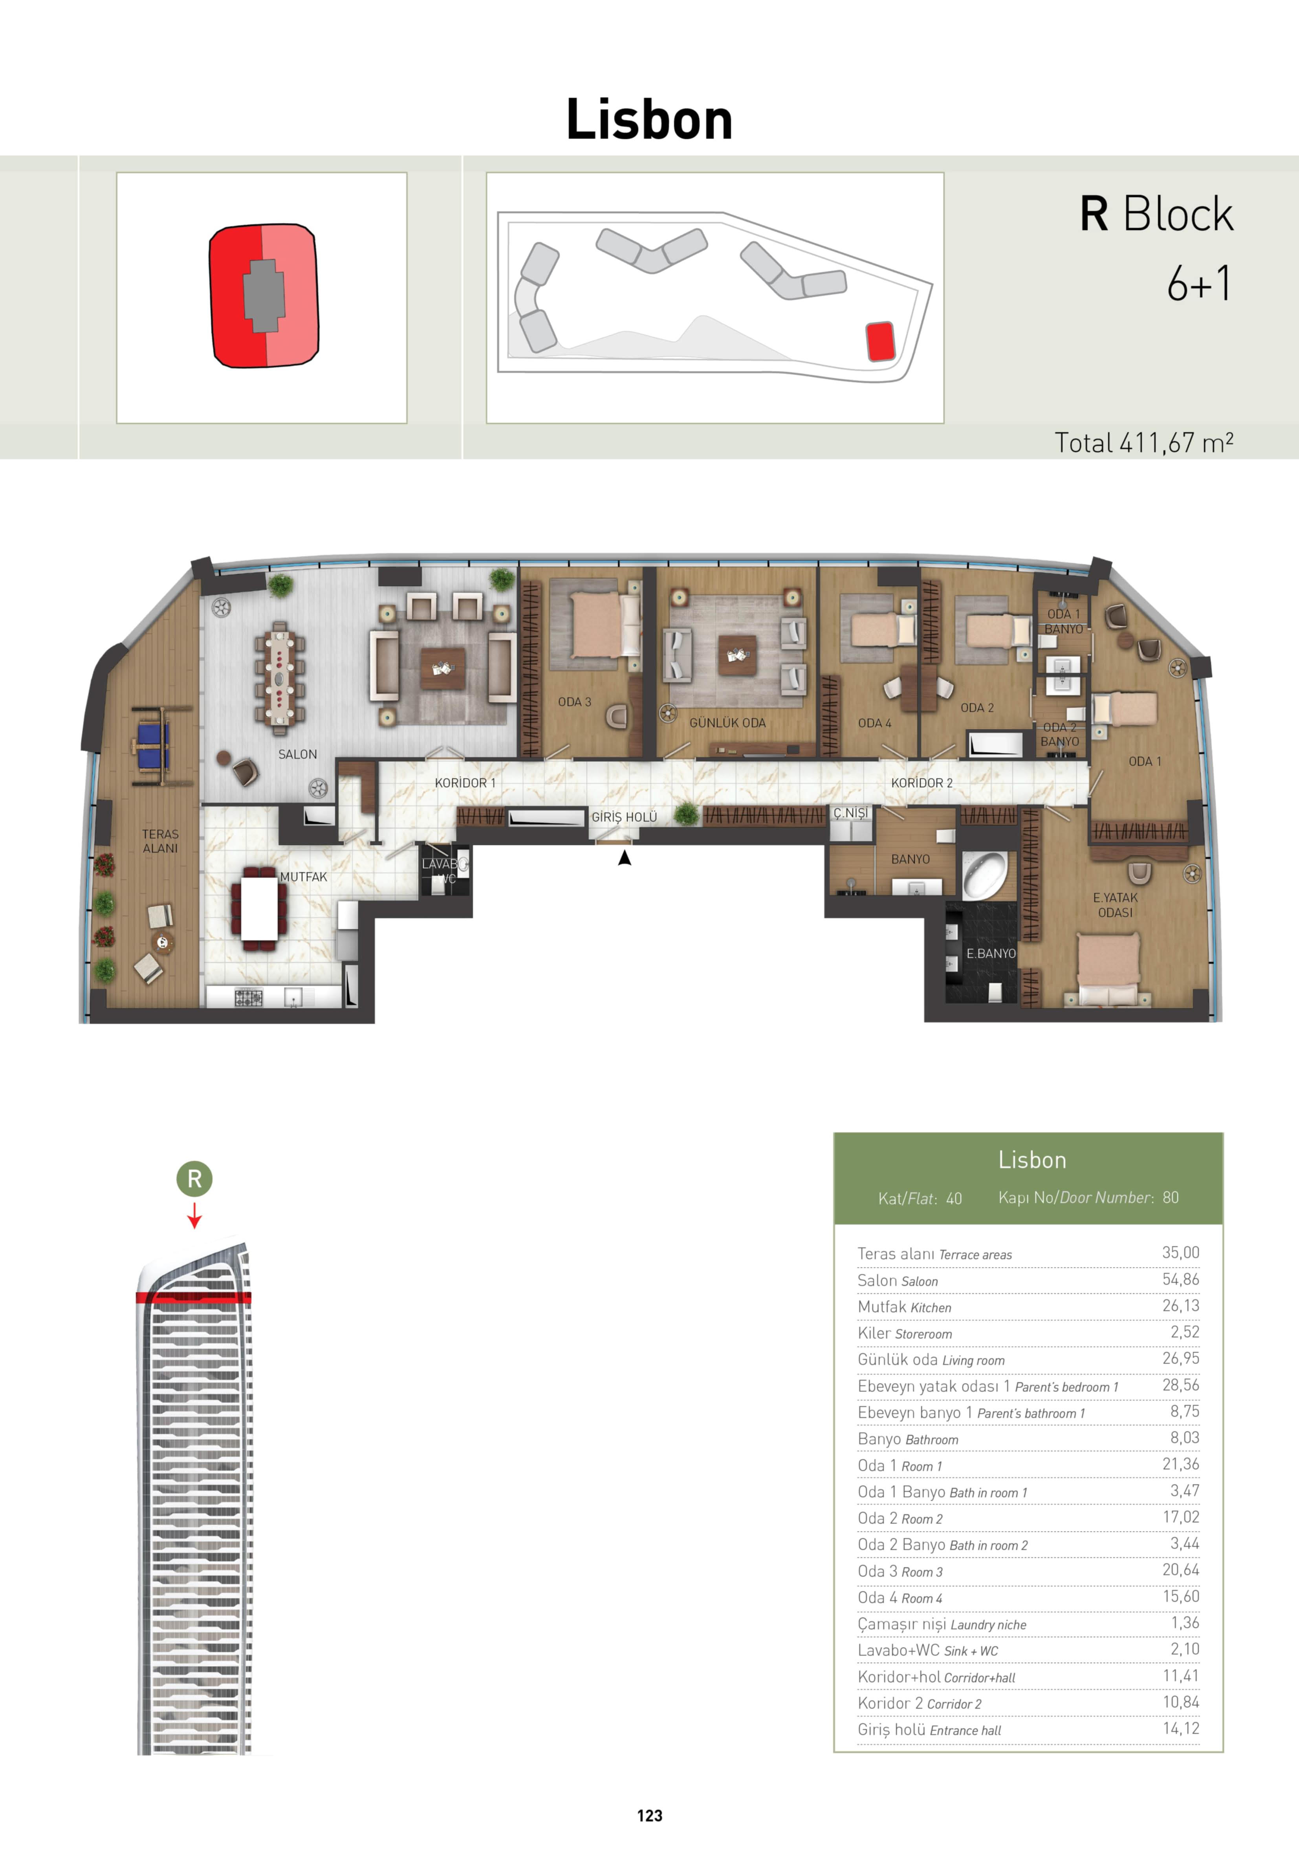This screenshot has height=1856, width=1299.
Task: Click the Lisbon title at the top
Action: click(x=649, y=120)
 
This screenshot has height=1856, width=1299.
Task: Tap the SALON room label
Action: click(x=297, y=754)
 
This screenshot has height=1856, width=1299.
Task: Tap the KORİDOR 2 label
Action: click(x=922, y=783)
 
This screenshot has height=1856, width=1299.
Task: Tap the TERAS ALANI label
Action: click(x=160, y=841)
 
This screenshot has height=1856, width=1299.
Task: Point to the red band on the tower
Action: click(x=193, y=1297)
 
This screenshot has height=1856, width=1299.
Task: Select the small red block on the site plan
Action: click(x=880, y=342)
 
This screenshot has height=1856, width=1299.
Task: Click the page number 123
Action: click(x=649, y=1816)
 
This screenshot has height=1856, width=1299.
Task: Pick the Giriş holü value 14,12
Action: click(x=1180, y=1728)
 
